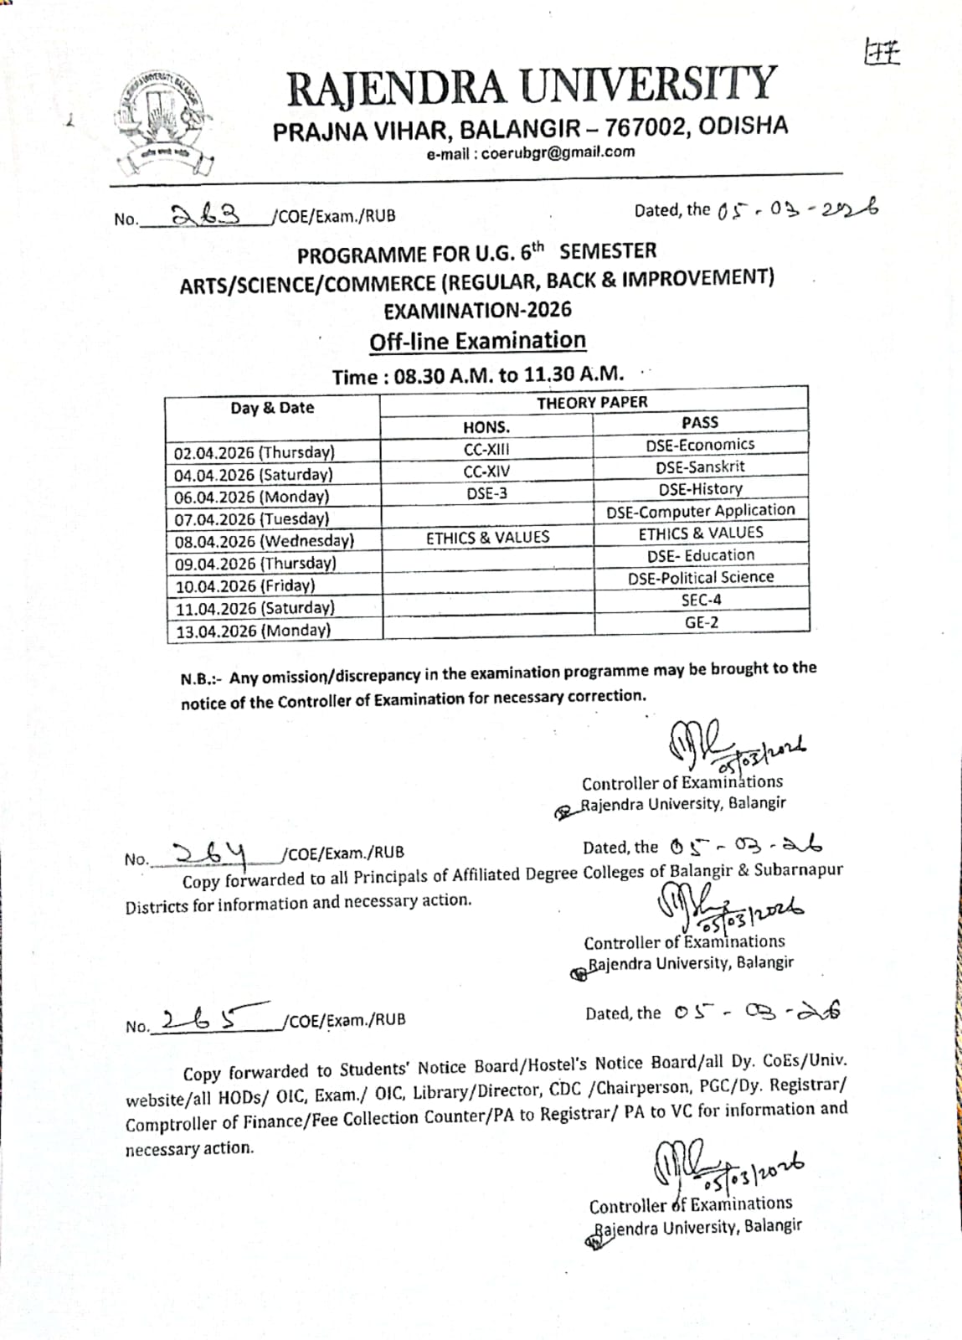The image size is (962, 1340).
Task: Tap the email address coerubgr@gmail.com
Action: point(531,152)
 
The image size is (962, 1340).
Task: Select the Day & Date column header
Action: point(272,408)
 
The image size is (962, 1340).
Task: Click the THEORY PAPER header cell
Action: point(592,402)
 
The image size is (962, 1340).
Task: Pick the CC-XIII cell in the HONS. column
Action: point(486,449)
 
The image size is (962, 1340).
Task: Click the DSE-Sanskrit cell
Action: point(700,466)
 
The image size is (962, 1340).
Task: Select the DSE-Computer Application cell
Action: point(700,510)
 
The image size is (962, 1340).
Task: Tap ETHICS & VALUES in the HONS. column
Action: point(487,538)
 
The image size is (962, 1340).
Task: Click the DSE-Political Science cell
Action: point(701,577)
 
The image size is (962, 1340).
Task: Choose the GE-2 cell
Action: point(701,622)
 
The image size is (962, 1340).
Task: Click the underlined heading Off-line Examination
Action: point(477,341)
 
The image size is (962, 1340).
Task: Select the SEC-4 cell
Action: point(701,600)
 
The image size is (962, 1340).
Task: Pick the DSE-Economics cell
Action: point(700,445)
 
